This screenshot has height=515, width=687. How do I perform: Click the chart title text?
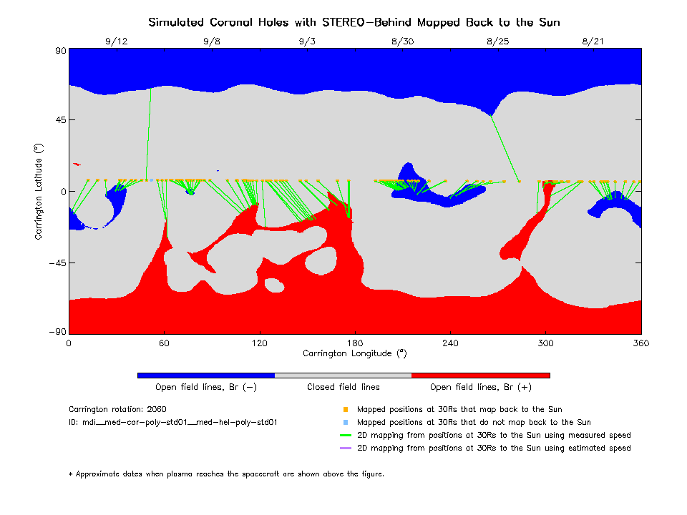click(x=354, y=22)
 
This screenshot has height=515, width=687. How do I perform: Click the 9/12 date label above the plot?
click(x=116, y=41)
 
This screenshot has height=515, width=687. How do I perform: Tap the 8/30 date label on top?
click(x=402, y=41)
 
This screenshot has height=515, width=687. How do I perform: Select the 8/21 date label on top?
click(x=593, y=41)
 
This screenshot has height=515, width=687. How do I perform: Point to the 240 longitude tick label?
click(x=450, y=343)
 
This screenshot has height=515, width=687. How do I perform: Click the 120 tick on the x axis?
click(x=259, y=343)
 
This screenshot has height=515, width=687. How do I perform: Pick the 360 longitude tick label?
click(x=640, y=343)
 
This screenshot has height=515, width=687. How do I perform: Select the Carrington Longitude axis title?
click(x=354, y=353)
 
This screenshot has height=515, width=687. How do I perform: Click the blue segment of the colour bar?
click(x=205, y=375)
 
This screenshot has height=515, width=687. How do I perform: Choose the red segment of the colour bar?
click(x=480, y=375)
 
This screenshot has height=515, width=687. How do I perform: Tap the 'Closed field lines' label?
click(x=343, y=388)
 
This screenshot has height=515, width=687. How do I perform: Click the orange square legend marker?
click(x=346, y=410)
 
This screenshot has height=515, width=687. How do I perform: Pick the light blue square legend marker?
click(x=346, y=423)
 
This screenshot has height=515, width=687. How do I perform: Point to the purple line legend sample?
click(x=346, y=448)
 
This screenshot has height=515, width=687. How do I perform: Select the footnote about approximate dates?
click(x=226, y=474)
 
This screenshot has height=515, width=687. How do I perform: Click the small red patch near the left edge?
click(x=77, y=164)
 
